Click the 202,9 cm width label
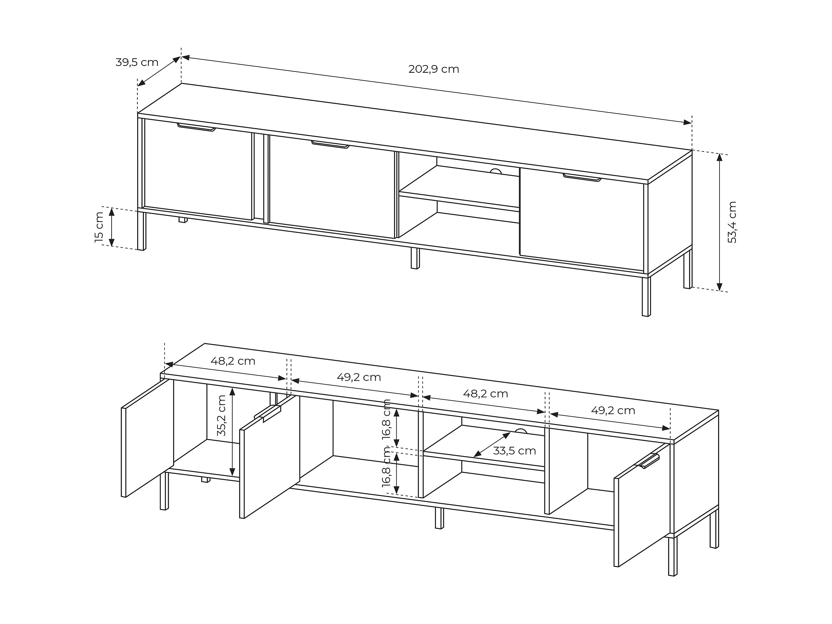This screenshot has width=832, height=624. pyautogui.click(x=434, y=69)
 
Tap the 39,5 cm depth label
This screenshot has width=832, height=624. pyautogui.click(x=137, y=62)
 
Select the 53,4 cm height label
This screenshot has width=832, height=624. pyautogui.click(x=732, y=222)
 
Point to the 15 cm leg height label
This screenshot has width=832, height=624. pyautogui.click(x=99, y=227)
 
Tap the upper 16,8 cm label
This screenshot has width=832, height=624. pyautogui.click(x=386, y=419)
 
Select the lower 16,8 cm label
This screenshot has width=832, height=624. pyautogui.click(x=386, y=467)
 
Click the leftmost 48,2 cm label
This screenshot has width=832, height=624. pyautogui.click(x=233, y=361)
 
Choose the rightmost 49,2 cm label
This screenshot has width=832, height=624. pyautogui.click(x=613, y=411)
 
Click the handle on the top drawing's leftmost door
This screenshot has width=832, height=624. pyautogui.click(x=196, y=127)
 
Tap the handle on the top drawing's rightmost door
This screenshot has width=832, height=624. pyautogui.click(x=582, y=178)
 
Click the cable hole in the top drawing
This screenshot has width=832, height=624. pyautogui.click(x=496, y=171)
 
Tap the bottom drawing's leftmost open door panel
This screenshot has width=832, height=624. pyautogui.click(x=148, y=438)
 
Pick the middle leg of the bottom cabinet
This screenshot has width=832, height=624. pyautogui.click(x=439, y=518)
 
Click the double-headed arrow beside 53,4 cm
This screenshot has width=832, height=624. pyautogui.click(x=720, y=222)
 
